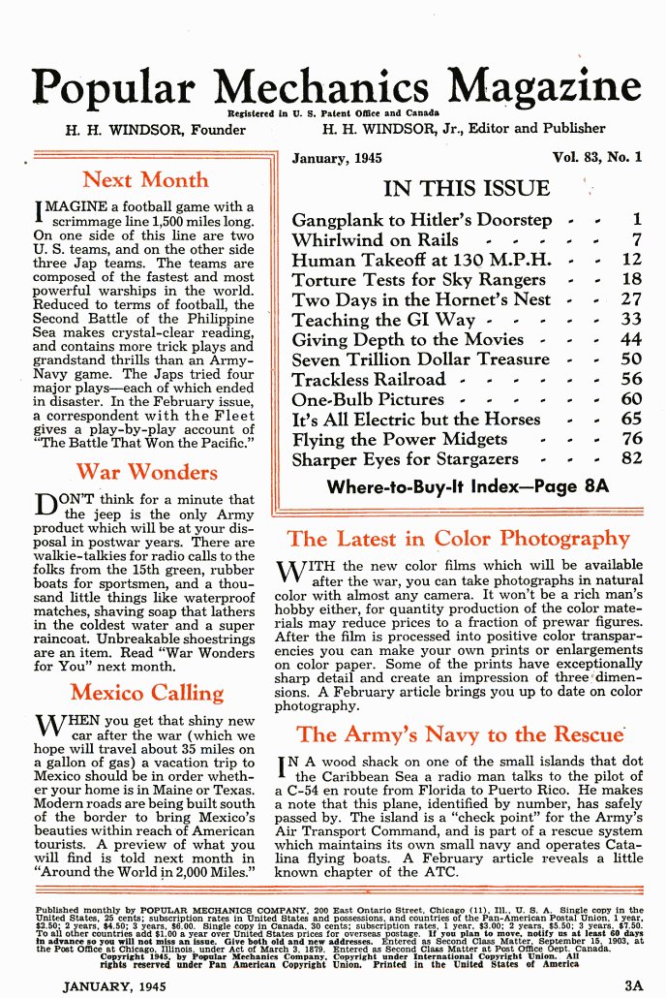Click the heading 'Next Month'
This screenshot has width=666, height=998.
click(145, 179)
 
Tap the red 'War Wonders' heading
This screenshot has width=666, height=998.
click(146, 473)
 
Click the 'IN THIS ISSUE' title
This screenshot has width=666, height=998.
click(466, 188)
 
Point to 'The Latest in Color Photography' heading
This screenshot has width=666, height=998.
click(458, 539)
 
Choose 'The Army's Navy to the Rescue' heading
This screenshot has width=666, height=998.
click(460, 734)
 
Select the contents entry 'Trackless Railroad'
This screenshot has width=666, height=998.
click(369, 379)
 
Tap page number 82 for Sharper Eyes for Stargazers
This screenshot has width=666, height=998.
click(631, 458)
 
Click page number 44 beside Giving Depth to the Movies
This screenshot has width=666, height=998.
click(631, 339)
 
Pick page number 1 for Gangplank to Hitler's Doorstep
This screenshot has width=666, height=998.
click(636, 219)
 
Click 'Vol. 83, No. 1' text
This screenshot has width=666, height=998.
click(597, 157)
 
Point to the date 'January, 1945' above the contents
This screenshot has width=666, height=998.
click(337, 158)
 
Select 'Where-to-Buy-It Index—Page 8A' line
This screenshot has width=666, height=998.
click(468, 486)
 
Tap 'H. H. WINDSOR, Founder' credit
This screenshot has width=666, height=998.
click(155, 129)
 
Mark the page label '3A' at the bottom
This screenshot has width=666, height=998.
click(633, 985)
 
